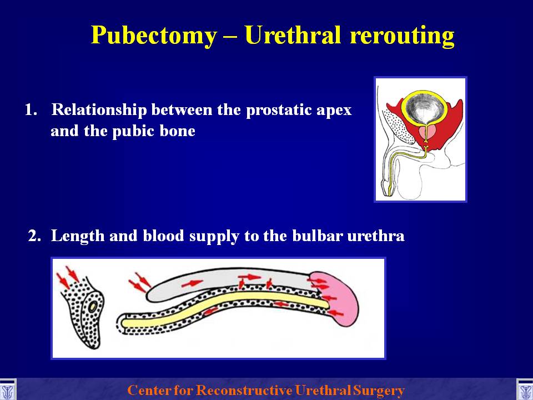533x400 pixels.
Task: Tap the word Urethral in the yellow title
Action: [293, 34]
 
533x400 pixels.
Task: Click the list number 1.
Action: [31, 109]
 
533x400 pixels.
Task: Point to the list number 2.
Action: [34, 236]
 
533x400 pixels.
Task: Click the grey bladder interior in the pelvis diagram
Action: [423, 108]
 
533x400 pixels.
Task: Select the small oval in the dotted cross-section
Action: [93, 307]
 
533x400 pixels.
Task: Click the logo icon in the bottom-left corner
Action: [7, 390]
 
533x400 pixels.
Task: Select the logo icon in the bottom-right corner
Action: [525, 390]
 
